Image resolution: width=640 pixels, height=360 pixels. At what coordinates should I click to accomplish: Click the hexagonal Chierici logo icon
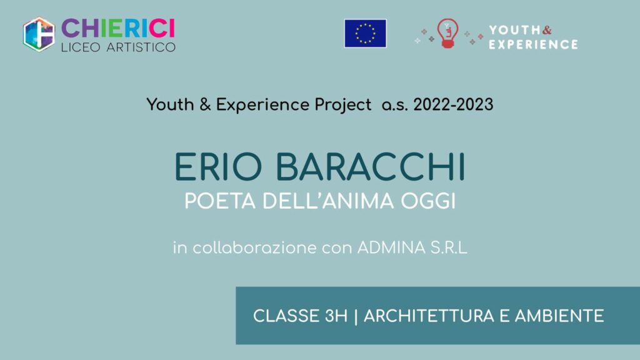pyautogui.click(x=39, y=34)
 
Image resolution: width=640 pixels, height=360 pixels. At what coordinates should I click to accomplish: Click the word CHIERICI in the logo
pyautogui.click(x=118, y=29)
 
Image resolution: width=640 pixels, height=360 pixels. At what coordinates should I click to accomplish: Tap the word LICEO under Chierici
pyautogui.click(x=81, y=47)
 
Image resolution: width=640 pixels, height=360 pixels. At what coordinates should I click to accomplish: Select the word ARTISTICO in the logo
pyautogui.click(x=141, y=47)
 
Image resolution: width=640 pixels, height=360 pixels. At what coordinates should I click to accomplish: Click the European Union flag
pyautogui.click(x=365, y=34)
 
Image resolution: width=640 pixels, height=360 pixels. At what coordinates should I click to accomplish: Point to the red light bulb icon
pyautogui.click(x=447, y=34)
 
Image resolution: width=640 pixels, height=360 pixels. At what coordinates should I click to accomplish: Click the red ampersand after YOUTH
pyautogui.click(x=547, y=30)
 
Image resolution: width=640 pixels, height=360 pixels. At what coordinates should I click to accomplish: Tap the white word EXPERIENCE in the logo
pyautogui.click(x=534, y=44)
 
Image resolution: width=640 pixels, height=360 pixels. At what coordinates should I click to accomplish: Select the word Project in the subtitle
pyautogui.click(x=343, y=105)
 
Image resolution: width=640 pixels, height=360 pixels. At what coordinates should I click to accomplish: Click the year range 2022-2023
pyautogui.click(x=454, y=104)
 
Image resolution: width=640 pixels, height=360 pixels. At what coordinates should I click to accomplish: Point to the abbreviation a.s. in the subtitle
pyautogui.click(x=395, y=106)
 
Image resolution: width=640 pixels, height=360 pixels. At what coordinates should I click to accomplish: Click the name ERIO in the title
pyautogui.click(x=218, y=167)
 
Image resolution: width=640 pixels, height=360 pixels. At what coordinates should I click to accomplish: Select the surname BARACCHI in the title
pyautogui.click(x=371, y=167)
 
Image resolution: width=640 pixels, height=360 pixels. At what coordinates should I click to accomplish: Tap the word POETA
pyautogui.click(x=220, y=201)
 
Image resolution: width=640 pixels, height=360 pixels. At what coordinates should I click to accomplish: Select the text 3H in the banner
pyautogui.click(x=336, y=316)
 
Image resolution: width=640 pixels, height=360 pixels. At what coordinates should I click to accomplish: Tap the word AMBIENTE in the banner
pyautogui.click(x=559, y=316)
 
